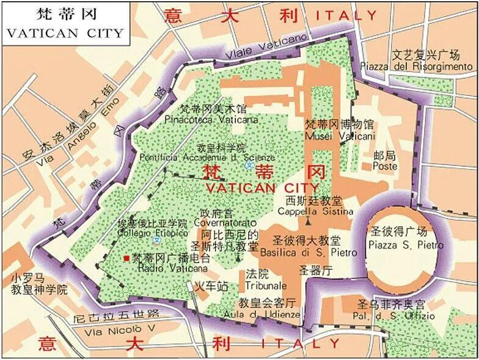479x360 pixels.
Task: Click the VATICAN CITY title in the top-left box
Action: (64, 33)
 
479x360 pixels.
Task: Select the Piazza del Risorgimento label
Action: (416, 65)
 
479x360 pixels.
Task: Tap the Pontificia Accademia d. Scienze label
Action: (208, 157)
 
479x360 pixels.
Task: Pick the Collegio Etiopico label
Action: (152, 233)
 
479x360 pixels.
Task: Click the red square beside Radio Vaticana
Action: (126, 259)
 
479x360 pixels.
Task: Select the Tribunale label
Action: (266, 285)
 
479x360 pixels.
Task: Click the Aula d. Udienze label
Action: (269, 314)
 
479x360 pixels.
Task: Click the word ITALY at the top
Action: (347, 15)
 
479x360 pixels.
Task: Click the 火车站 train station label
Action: (211, 285)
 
